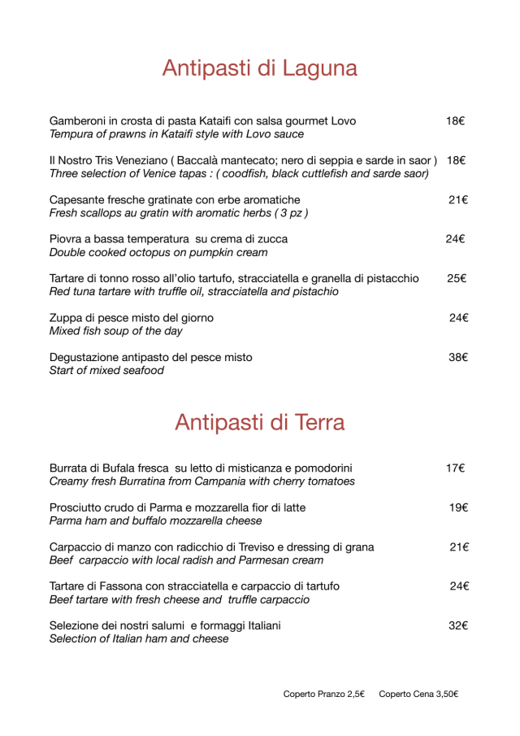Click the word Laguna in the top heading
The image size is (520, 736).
pyautogui.click(x=319, y=69)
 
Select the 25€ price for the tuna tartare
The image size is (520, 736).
pyautogui.click(x=456, y=278)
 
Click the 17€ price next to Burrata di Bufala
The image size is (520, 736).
pyautogui.click(x=455, y=468)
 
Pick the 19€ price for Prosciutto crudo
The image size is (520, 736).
pyautogui.click(x=458, y=507)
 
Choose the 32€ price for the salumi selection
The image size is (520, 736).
pyautogui.click(x=458, y=625)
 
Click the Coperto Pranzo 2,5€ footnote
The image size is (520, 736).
pyautogui.click(x=323, y=694)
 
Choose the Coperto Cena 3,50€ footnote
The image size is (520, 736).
pyautogui.click(x=418, y=694)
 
